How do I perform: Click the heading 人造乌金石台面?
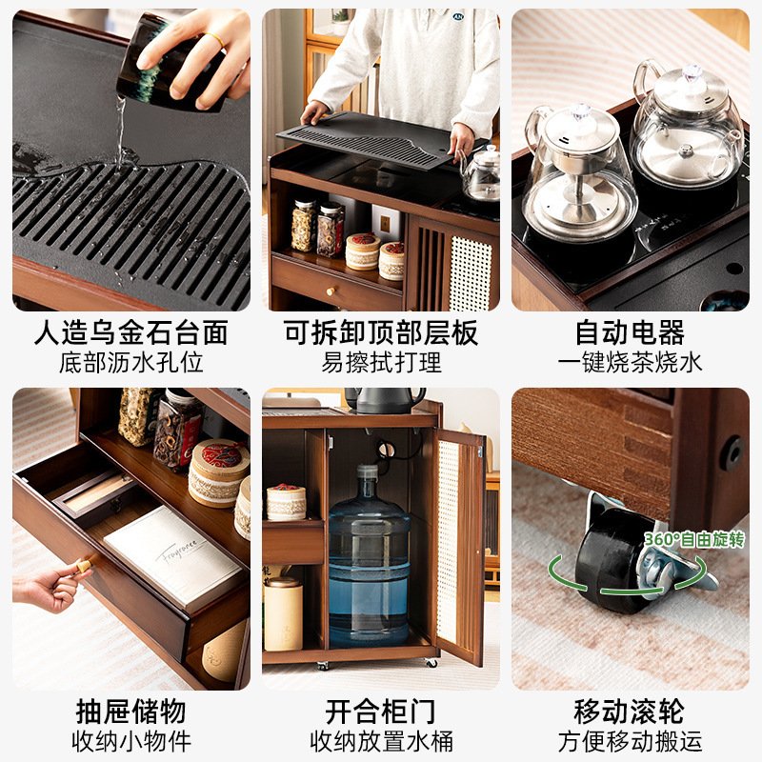131,333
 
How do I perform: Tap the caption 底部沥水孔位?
131,363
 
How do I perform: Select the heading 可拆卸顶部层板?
381,333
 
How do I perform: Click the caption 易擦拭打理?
381,363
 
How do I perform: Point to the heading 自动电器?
630,333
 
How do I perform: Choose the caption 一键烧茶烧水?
630,363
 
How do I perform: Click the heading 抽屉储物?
131,711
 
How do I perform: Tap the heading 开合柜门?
381,711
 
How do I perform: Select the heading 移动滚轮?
630,711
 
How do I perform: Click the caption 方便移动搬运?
630,740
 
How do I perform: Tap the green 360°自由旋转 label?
693,540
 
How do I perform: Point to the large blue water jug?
369,557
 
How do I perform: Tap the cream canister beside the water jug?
283,613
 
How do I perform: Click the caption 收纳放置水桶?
381,740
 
